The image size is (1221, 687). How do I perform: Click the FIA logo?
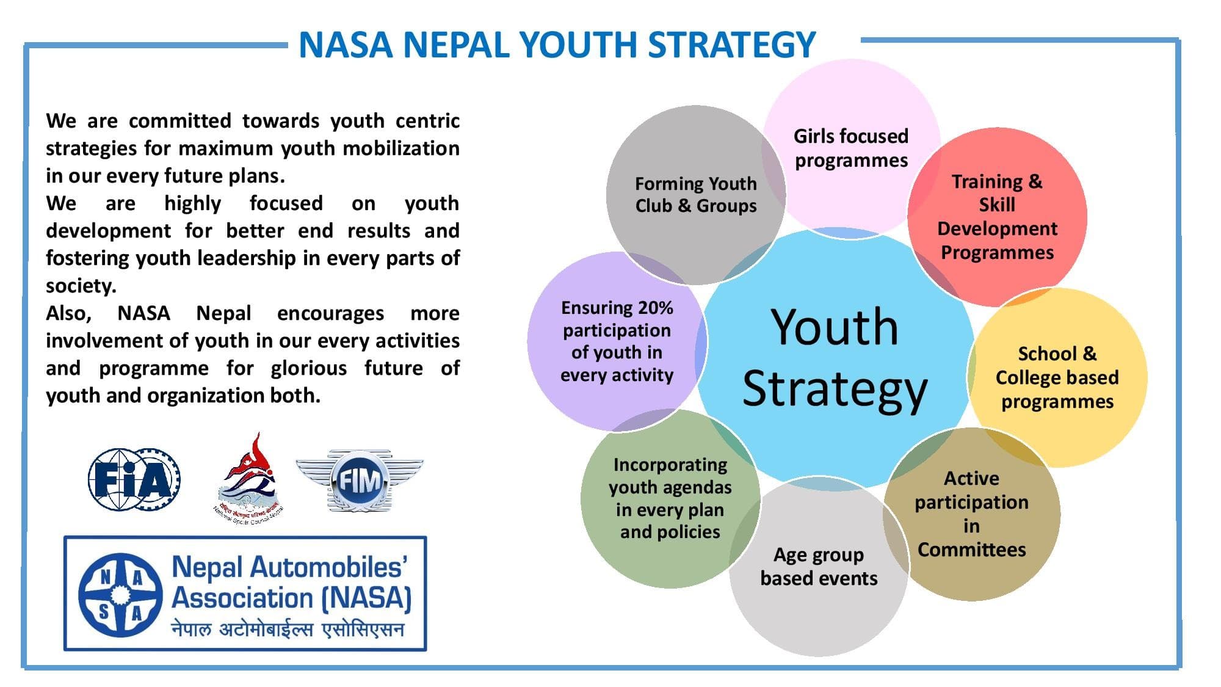click(x=134, y=479)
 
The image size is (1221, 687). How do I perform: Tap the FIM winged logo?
click(x=360, y=481)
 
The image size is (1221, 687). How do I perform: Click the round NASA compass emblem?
click(x=121, y=594)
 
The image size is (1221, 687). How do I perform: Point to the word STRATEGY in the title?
click(x=731, y=45)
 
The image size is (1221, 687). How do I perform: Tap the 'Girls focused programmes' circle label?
click(x=851, y=148)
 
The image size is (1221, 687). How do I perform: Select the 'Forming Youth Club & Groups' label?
click(x=696, y=194)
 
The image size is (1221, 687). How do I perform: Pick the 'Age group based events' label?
click(x=819, y=566)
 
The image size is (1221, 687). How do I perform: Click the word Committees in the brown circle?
click(x=971, y=550)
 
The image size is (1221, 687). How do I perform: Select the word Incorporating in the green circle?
click(x=670, y=465)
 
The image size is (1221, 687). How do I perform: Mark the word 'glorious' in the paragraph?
click(x=309, y=369)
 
